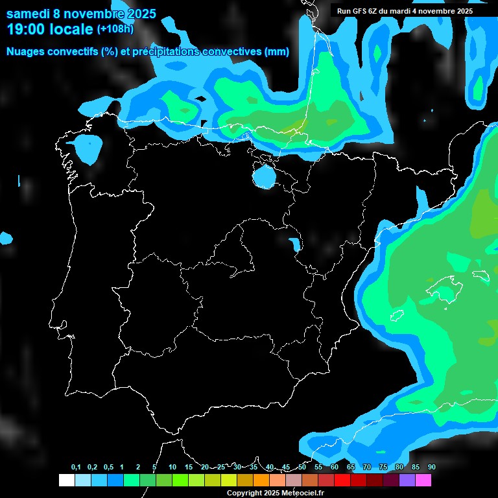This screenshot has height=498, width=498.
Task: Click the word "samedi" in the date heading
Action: (x=28, y=14)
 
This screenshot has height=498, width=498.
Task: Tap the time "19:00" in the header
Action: (x=27, y=29)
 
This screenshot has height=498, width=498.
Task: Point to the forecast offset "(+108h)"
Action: (x=115, y=29)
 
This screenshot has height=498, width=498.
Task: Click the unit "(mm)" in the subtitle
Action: (x=276, y=52)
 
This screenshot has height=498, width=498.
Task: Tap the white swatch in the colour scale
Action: (x=66, y=480)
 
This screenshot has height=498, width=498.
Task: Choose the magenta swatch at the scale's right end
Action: (x=423, y=480)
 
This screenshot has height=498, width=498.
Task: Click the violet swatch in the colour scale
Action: (x=407, y=480)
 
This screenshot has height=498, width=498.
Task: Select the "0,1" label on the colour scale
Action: (x=76, y=468)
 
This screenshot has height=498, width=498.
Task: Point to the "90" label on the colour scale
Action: (x=432, y=468)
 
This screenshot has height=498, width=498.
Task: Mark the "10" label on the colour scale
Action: (x=172, y=468)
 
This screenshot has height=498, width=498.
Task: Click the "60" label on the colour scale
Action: (x=335, y=468)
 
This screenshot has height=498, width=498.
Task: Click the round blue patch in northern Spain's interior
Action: (x=264, y=176)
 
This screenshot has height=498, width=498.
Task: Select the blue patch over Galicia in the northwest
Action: (x=88, y=148)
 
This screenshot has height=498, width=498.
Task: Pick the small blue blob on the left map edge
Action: (x=6, y=238)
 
